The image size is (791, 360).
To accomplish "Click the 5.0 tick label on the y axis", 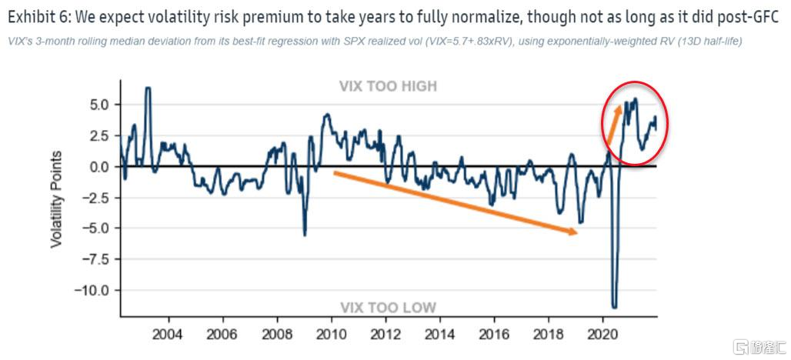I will click(99, 104).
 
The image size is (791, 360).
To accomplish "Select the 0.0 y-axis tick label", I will click(99, 166).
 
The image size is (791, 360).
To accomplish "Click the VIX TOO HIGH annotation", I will click(388, 86).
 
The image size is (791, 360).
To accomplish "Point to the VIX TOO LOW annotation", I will click(388, 308).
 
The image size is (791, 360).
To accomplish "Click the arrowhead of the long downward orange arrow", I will click(573, 232).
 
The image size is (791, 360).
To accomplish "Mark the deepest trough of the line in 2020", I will click(614, 307).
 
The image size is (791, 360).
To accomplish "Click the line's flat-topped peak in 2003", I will click(148, 88).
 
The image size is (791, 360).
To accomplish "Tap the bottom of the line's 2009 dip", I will click(305, 235).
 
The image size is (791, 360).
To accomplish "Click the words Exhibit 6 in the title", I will click(37, 15).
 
